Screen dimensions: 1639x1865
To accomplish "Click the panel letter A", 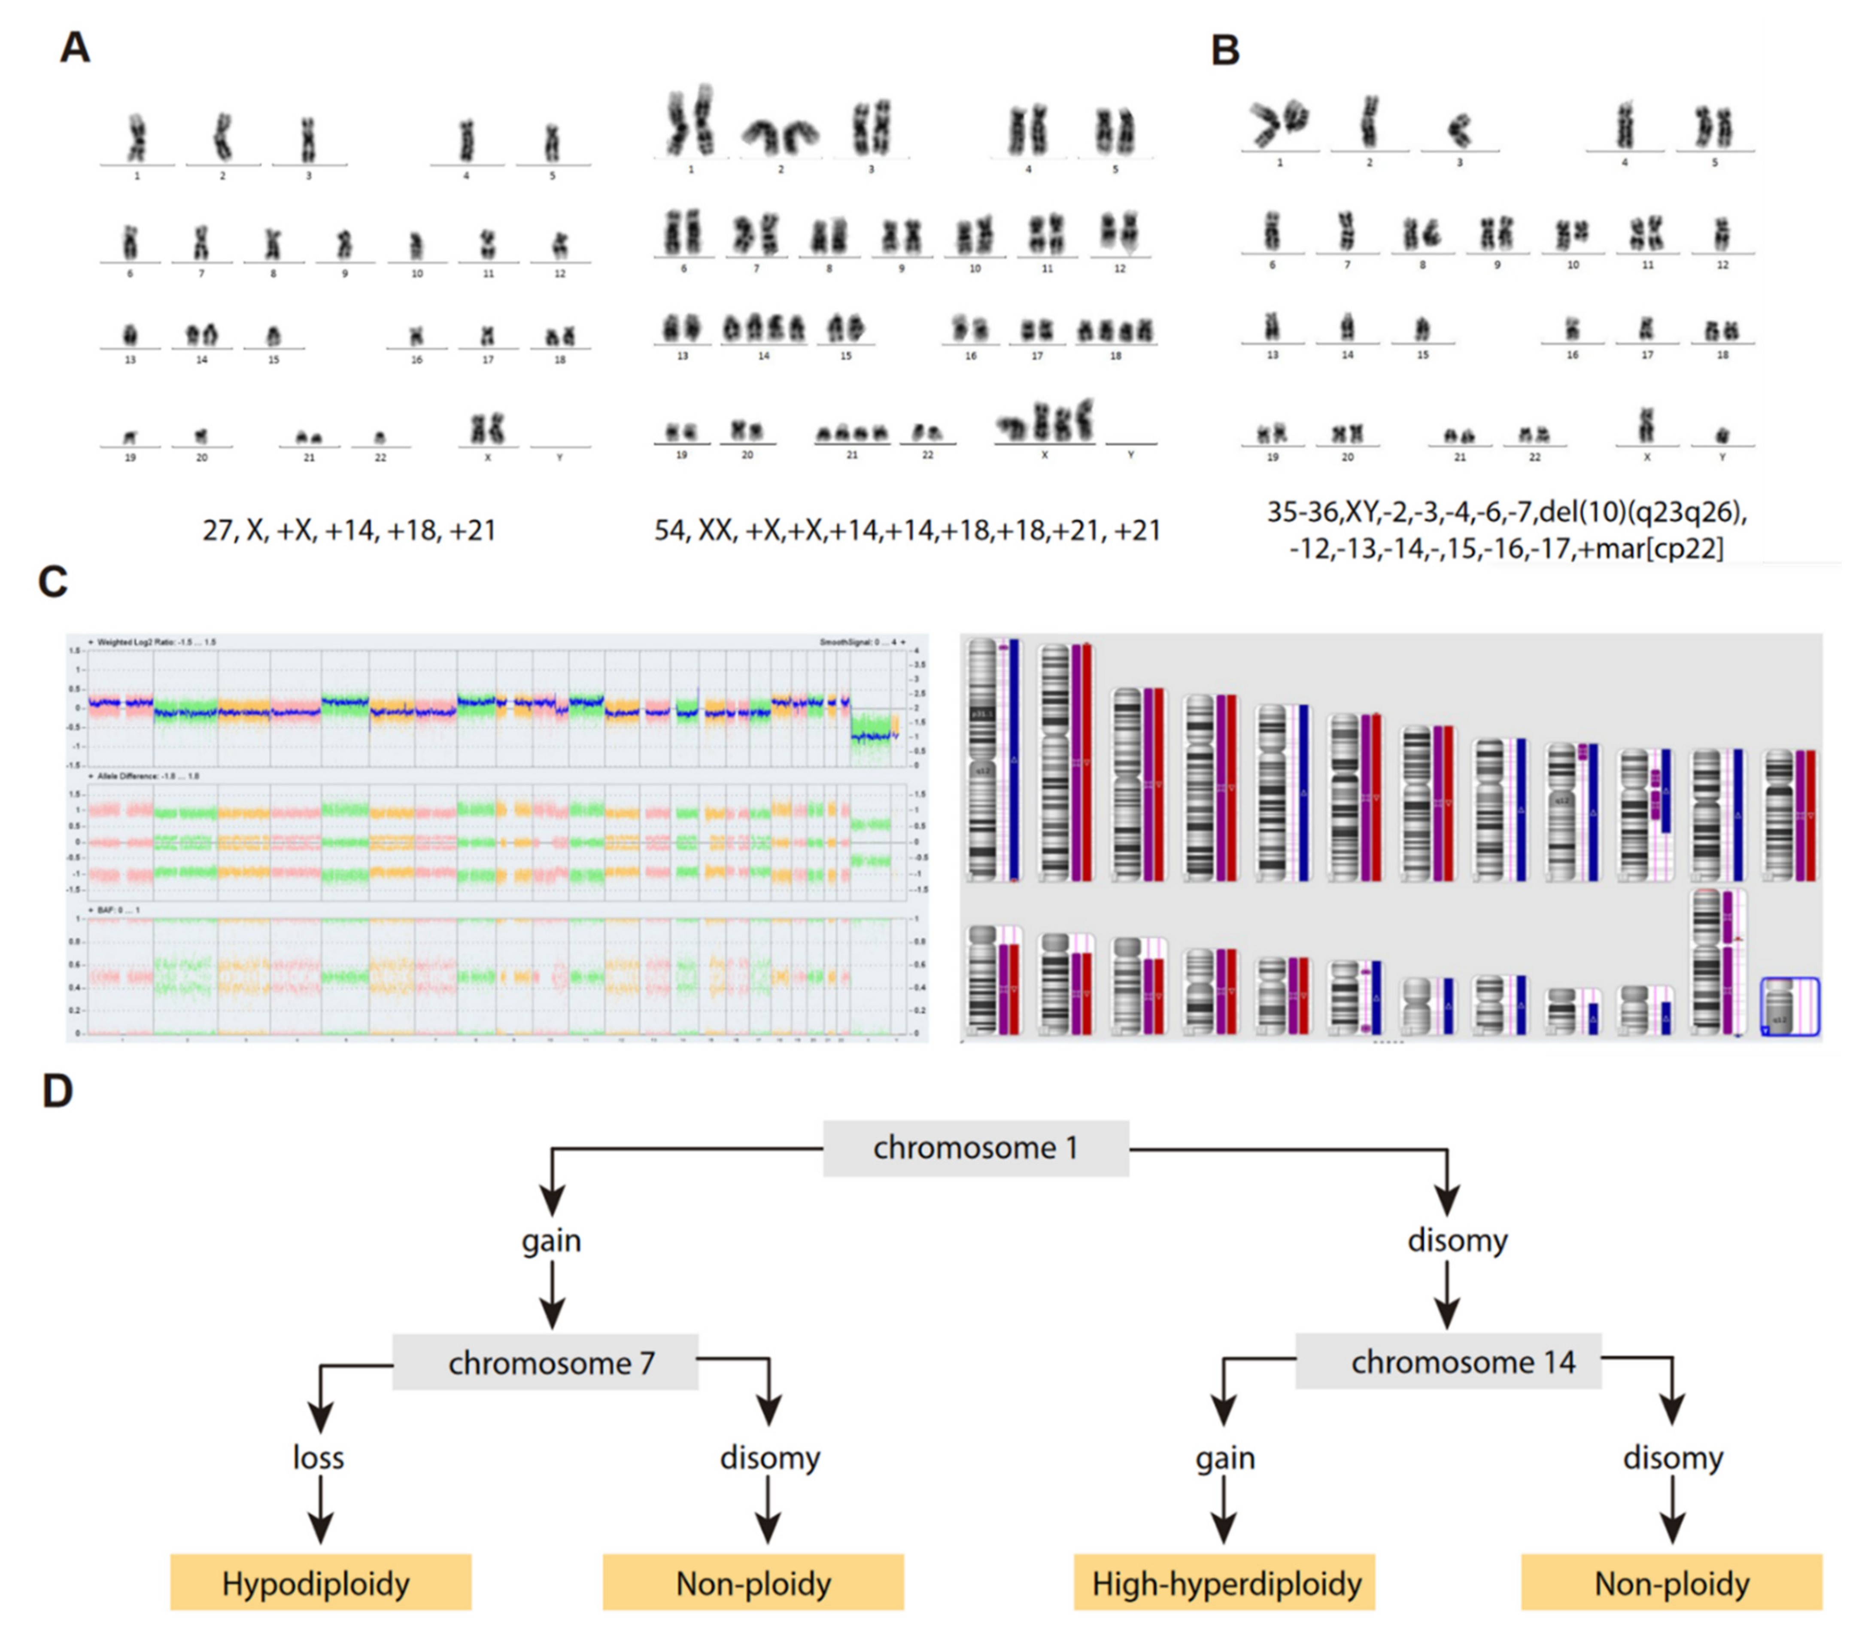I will pyautogui.click(x=75, y=47).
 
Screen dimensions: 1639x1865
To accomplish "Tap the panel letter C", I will pyautogui.click(x=53, y=581).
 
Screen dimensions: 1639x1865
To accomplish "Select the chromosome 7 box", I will pyautogui.click(x=545, y=1362).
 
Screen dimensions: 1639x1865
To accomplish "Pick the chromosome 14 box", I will pyautogui.click(x=1448, y=1362).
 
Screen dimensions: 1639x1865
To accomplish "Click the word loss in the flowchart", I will pyautogui.click(x=319, y=1457).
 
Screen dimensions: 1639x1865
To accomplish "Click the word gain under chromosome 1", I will pyautogui.click(x=551, y=1241).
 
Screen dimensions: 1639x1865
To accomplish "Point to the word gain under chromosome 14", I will pyautogui.click(x=1224, y=1457).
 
